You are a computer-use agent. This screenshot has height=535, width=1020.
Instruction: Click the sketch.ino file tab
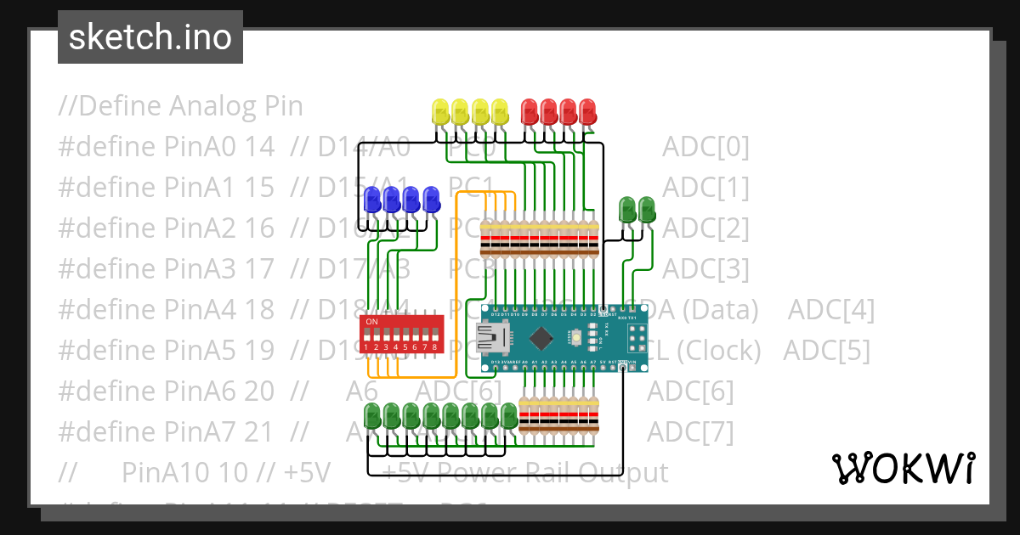pos(150,37)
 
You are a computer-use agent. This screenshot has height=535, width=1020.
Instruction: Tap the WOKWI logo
pos(903,468)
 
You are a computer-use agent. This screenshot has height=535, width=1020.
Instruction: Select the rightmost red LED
pos(587,111)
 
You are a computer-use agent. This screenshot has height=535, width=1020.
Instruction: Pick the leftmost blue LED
pos(372,200)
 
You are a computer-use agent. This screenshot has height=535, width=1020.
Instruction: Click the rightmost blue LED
pos(431,200)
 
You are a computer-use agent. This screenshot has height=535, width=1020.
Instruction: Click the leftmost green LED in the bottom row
pos(372,416)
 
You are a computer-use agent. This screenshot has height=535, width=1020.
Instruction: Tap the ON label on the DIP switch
pos(371,322)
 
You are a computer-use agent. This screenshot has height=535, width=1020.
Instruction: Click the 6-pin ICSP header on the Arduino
pos(636,340)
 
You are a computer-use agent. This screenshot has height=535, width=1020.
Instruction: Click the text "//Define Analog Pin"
pos(180,106)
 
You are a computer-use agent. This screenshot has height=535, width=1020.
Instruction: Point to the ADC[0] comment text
pos(705,147)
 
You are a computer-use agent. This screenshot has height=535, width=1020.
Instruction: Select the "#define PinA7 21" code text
pos(167,431)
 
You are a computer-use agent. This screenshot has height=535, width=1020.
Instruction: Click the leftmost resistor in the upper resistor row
pos(486,238)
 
